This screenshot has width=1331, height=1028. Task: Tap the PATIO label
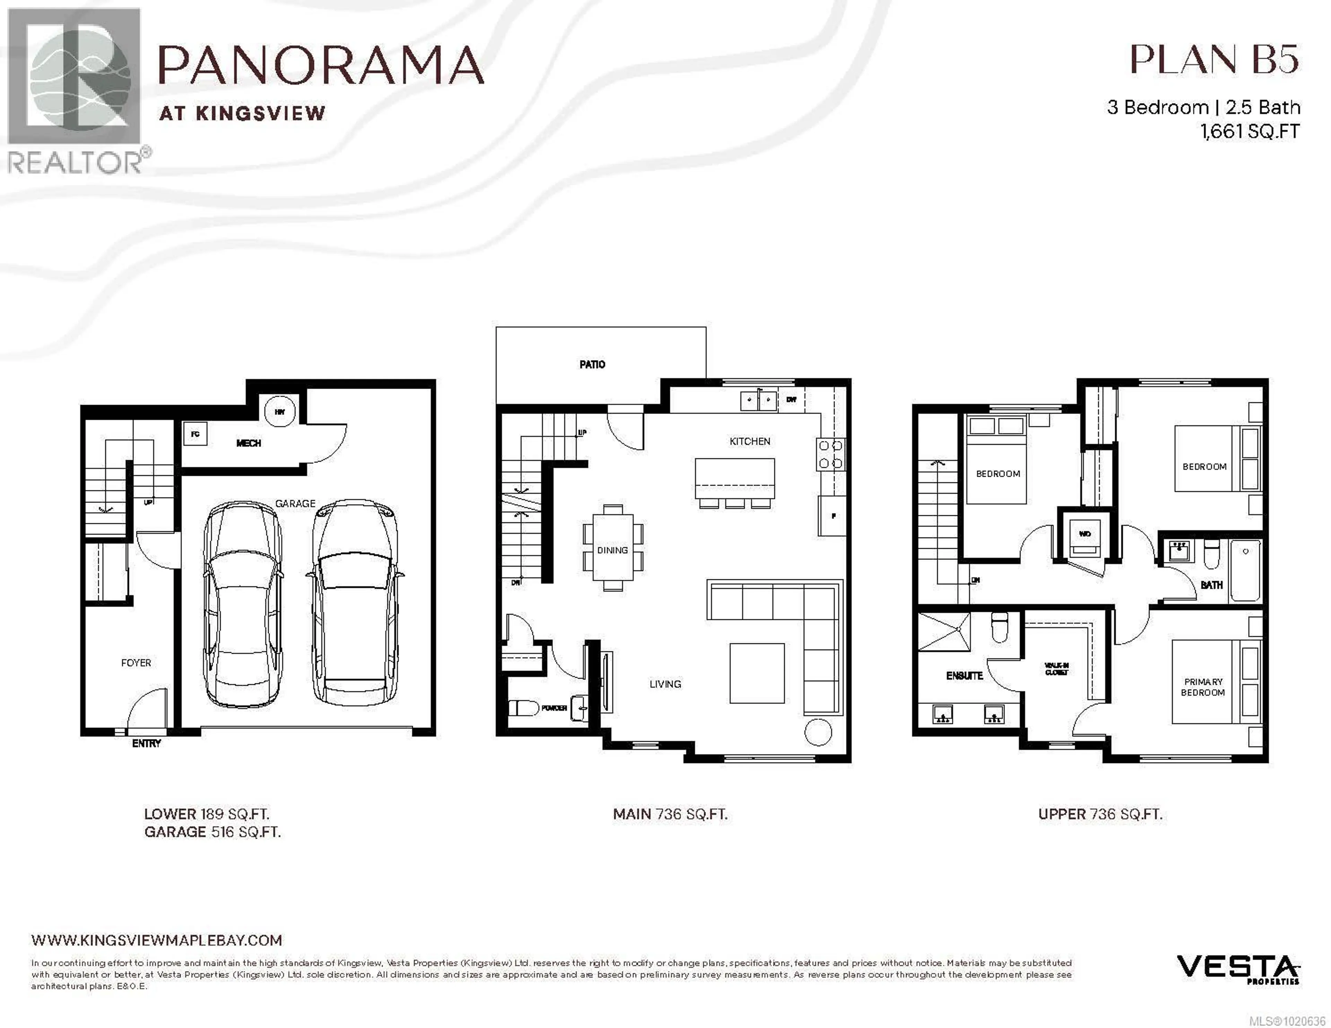(592, 364)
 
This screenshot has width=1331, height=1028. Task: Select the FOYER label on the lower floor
(136, 662)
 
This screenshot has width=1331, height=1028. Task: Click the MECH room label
(248, 443)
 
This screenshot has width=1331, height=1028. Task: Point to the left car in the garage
(243, 606)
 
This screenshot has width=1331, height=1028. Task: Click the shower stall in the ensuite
(943, 632)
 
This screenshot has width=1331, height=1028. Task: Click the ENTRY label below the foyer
(146, 744)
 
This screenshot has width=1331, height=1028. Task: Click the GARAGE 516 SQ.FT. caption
(212, 832)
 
